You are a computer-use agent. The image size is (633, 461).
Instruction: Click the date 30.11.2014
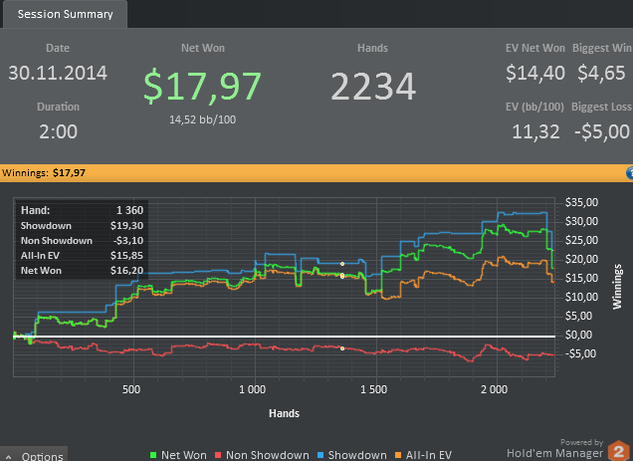coord(58,73)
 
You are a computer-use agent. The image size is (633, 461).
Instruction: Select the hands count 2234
coord(373,88)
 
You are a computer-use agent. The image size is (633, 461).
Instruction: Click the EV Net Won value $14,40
coord(535,73)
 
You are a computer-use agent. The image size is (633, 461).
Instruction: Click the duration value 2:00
coord(58,131)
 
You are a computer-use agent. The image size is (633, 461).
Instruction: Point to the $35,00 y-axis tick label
coord(580,201)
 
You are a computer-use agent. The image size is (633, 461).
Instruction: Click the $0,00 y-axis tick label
coord(580,335)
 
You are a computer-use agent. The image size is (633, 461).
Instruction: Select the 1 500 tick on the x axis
coord(373,389)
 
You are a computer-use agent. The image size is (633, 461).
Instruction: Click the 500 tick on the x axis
coord(131,389)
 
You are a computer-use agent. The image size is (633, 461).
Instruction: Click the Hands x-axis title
coord(285,412)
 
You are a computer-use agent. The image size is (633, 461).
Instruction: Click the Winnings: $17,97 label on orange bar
coord(44,173)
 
